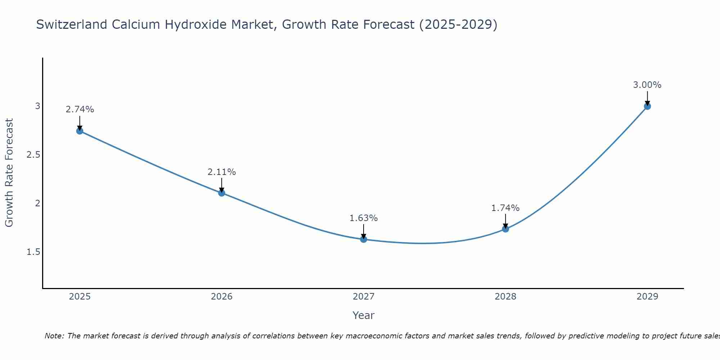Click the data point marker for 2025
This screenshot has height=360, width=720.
[x=80, y=131]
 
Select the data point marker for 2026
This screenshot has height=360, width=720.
[x=222, y=193]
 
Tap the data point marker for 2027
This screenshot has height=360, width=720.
[x=364, y=239]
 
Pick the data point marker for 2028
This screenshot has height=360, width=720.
[x=505, y=229]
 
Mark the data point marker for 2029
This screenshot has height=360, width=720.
[x=647, y=106]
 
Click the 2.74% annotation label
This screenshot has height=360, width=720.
[x=80, y=109]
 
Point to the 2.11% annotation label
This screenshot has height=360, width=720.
[x=222, y=172]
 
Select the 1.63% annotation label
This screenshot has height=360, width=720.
[x=364, y=218]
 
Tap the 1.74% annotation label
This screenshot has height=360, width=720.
[x=505, y=208]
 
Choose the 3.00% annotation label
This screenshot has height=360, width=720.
[x=647, y=85]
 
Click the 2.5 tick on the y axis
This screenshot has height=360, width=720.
[x=33, y=155]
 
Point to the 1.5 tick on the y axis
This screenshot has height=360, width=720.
[x=33, y=252]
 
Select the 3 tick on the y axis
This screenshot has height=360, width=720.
[x=37, y=106]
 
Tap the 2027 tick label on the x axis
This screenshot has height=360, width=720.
[x=364, y=297]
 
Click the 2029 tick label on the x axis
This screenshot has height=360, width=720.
[x=647, y=297]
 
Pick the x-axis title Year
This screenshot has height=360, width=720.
[x=364, y=315]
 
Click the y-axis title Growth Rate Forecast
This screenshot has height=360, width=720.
[x=9, y=173]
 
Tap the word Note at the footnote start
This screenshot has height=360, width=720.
[x=54, y=336]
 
